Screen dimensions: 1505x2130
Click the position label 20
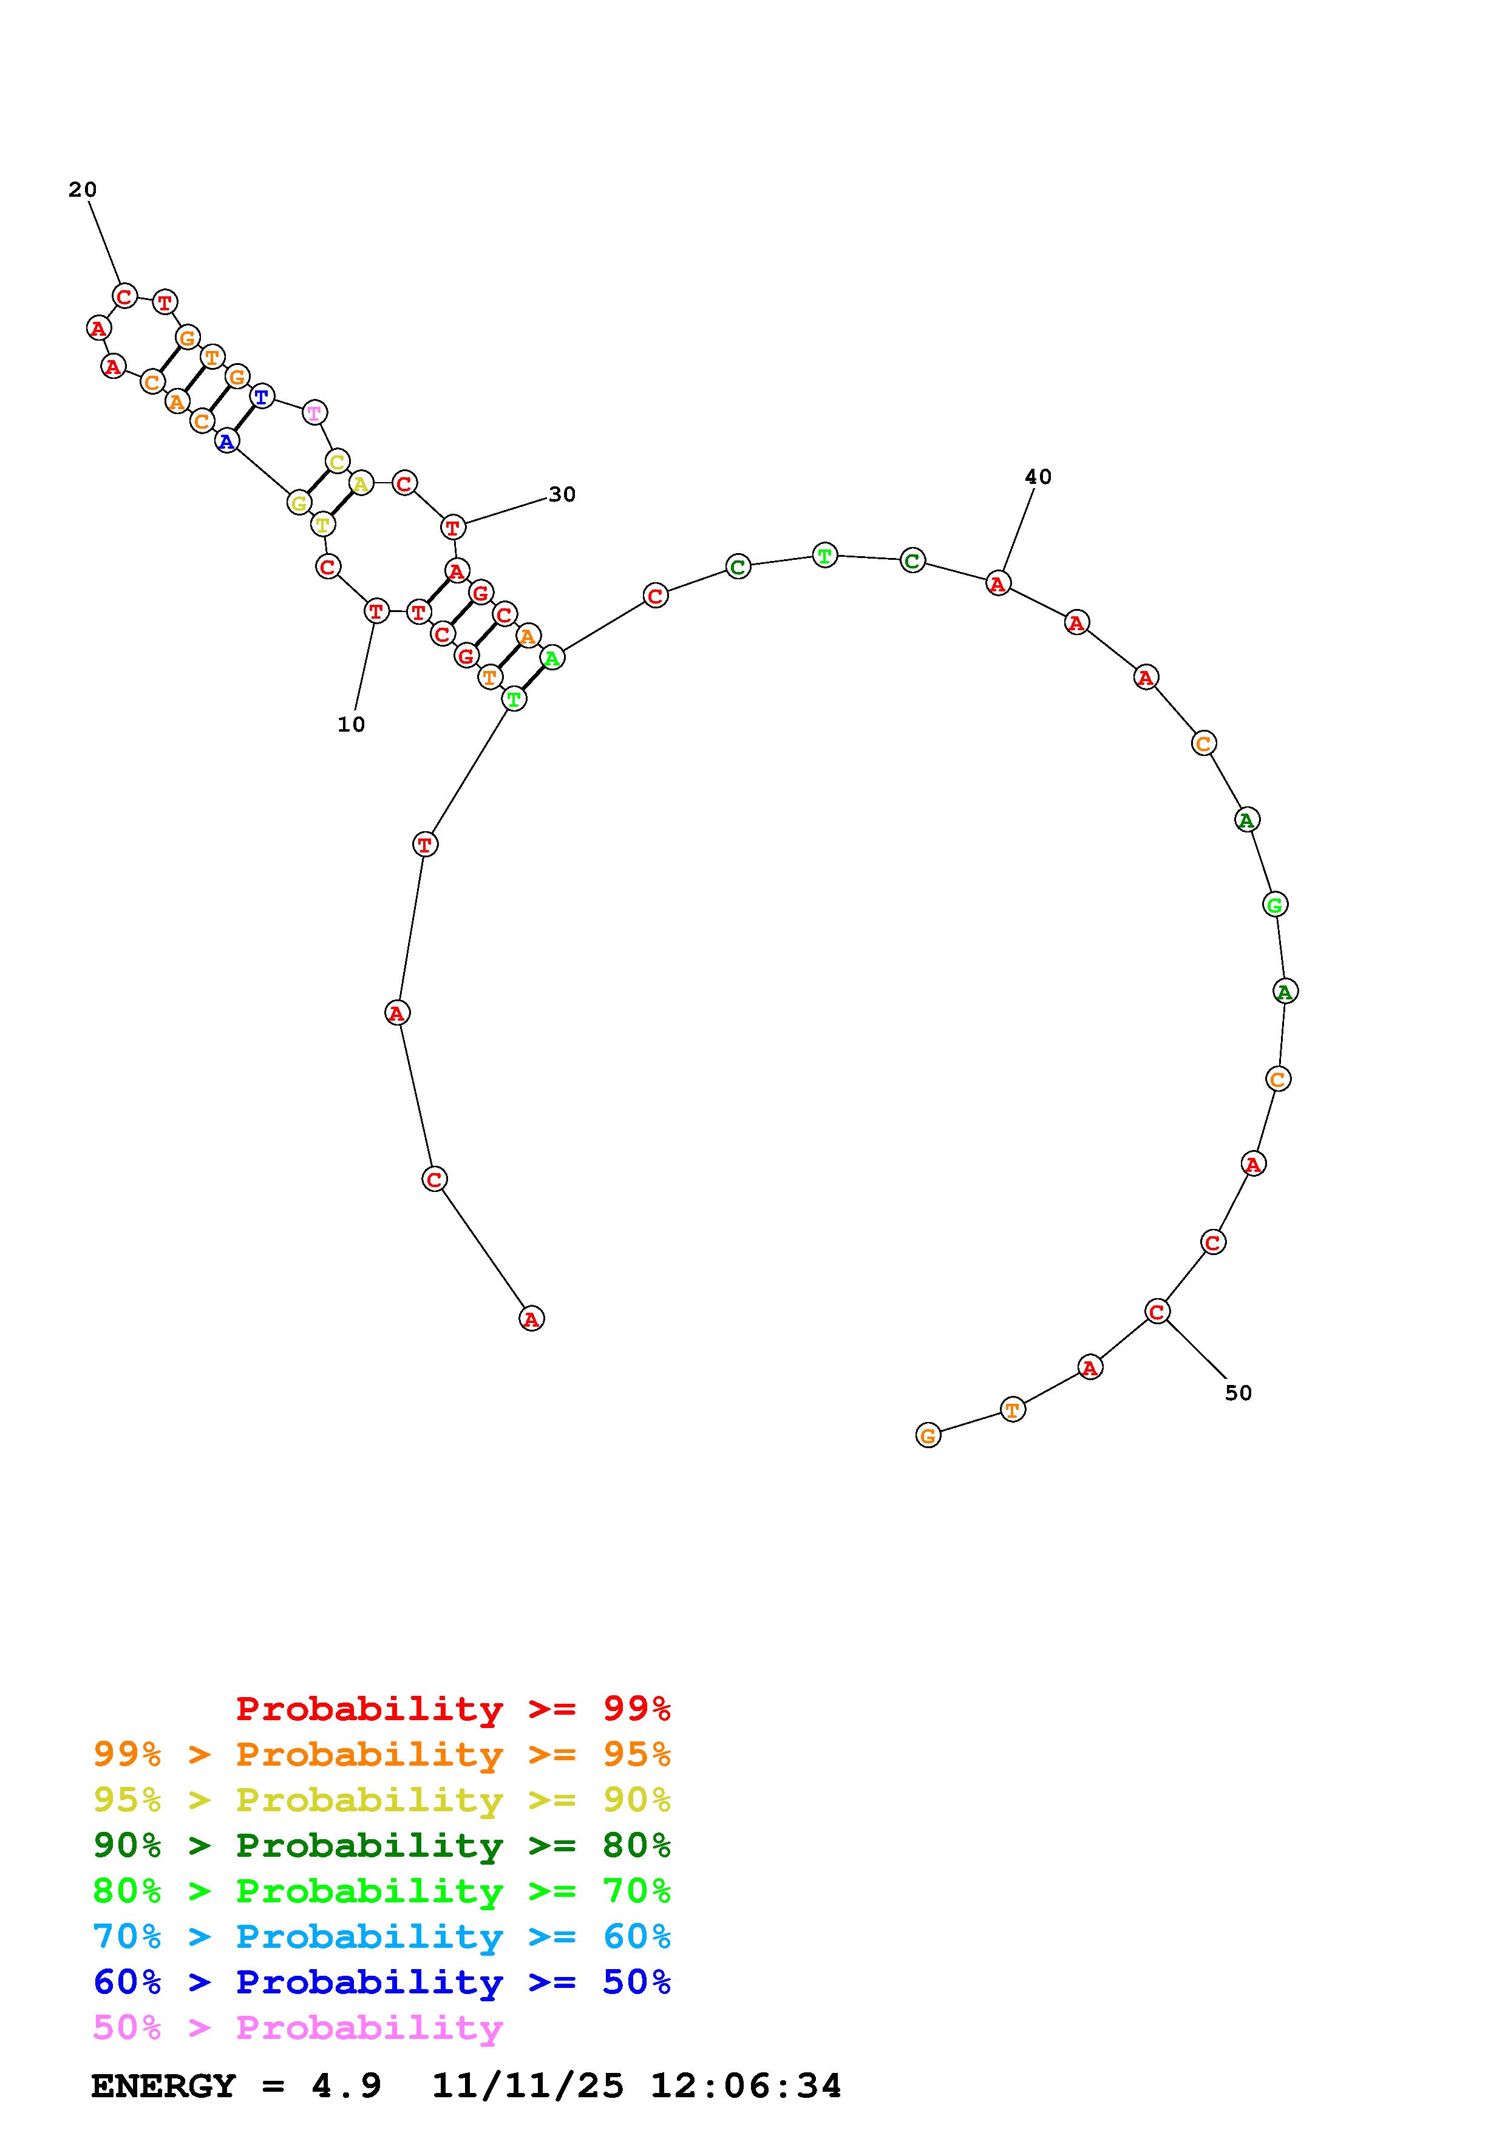click(x=83, y=190)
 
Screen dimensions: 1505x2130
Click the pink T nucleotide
click(x=314, y=412)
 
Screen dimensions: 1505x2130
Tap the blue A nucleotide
click(x=226, y=441)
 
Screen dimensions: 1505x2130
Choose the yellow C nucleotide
click(x=338, y=461)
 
